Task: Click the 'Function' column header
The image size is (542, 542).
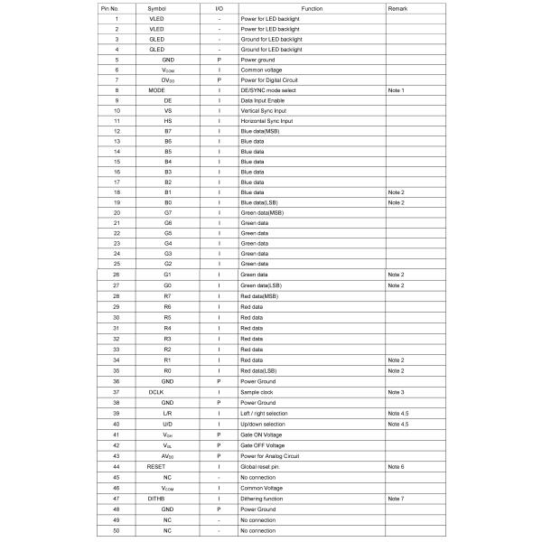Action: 312,7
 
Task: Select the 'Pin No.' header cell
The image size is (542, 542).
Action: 116,7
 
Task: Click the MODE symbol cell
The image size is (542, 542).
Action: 156,90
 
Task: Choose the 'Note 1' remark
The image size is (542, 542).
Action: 396,90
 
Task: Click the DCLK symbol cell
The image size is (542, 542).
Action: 156,391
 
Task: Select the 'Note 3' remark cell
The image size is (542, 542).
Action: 396,391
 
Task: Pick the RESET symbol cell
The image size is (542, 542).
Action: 157,466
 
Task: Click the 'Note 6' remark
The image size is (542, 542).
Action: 396,466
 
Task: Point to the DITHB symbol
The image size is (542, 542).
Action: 157,498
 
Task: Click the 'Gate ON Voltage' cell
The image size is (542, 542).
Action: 262,435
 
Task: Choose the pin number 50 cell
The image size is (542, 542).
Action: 116,530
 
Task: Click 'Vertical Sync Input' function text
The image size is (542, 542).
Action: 267,110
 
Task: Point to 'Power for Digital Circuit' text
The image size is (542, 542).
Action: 273,79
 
